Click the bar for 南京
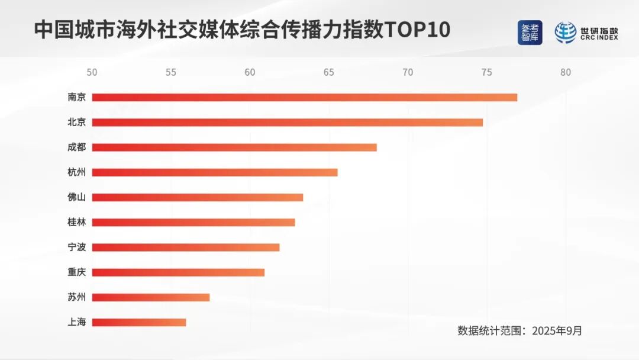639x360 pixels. tap(304, 97)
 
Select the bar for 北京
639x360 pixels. tap(287, 123)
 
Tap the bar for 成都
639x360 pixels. tap(234, 147)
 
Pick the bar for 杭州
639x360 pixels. tap(214, 172)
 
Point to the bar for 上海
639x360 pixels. tap(138, 323)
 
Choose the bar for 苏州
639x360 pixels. tap(150, 297)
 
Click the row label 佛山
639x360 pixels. tap(77, 198)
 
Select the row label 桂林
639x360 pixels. tap(77, 223)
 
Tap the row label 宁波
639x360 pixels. tap(77, 247)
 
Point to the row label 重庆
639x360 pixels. tap(77, 272)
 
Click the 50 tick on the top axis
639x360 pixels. tap(92, 73)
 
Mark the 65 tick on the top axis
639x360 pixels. tap(329, 73)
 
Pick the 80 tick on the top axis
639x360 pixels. tap(566, 73)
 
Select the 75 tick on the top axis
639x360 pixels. tap(486, 73)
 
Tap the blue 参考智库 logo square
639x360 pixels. tap(530, 33)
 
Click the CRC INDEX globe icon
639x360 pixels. tap(566, 33)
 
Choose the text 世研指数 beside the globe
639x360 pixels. tap(598, 29)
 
